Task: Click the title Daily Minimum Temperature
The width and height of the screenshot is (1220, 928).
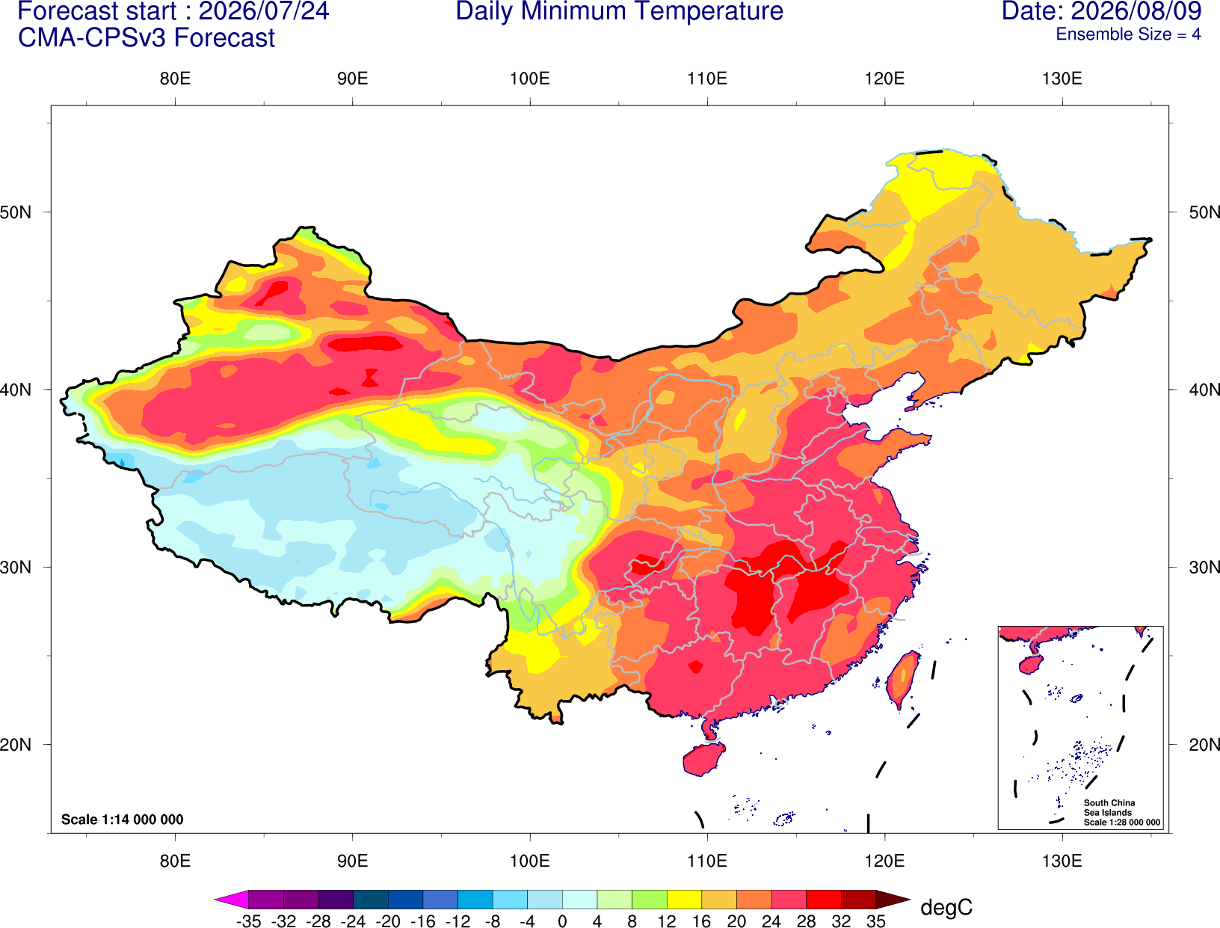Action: point(619,11)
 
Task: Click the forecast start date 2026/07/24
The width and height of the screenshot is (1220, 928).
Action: point(263,11)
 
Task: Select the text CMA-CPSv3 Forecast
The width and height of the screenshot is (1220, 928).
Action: point(147,38)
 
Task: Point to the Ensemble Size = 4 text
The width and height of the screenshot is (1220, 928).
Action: point(1128,34)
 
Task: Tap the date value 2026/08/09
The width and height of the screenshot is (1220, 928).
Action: point(1137,11)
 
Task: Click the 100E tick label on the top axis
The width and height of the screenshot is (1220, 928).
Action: point(530,79)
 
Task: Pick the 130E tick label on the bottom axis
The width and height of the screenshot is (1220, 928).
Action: point(1062,861)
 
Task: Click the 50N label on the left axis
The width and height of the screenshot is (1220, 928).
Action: point(16,212)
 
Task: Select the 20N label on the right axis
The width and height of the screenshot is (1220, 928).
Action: point(1204,745)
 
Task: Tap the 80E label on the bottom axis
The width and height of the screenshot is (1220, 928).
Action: point(175,861)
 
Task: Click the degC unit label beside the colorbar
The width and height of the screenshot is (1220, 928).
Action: point(946,907)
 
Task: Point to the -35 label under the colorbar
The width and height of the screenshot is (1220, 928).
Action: point(248,921)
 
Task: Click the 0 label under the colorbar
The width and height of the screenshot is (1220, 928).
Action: point(562,921)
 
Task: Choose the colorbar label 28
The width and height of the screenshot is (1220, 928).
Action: point(806,921)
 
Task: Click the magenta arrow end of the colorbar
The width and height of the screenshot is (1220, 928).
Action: point(231,899)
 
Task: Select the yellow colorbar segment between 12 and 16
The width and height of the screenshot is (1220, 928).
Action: point(684,899)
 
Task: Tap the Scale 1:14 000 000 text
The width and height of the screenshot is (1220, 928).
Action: point(123,819)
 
